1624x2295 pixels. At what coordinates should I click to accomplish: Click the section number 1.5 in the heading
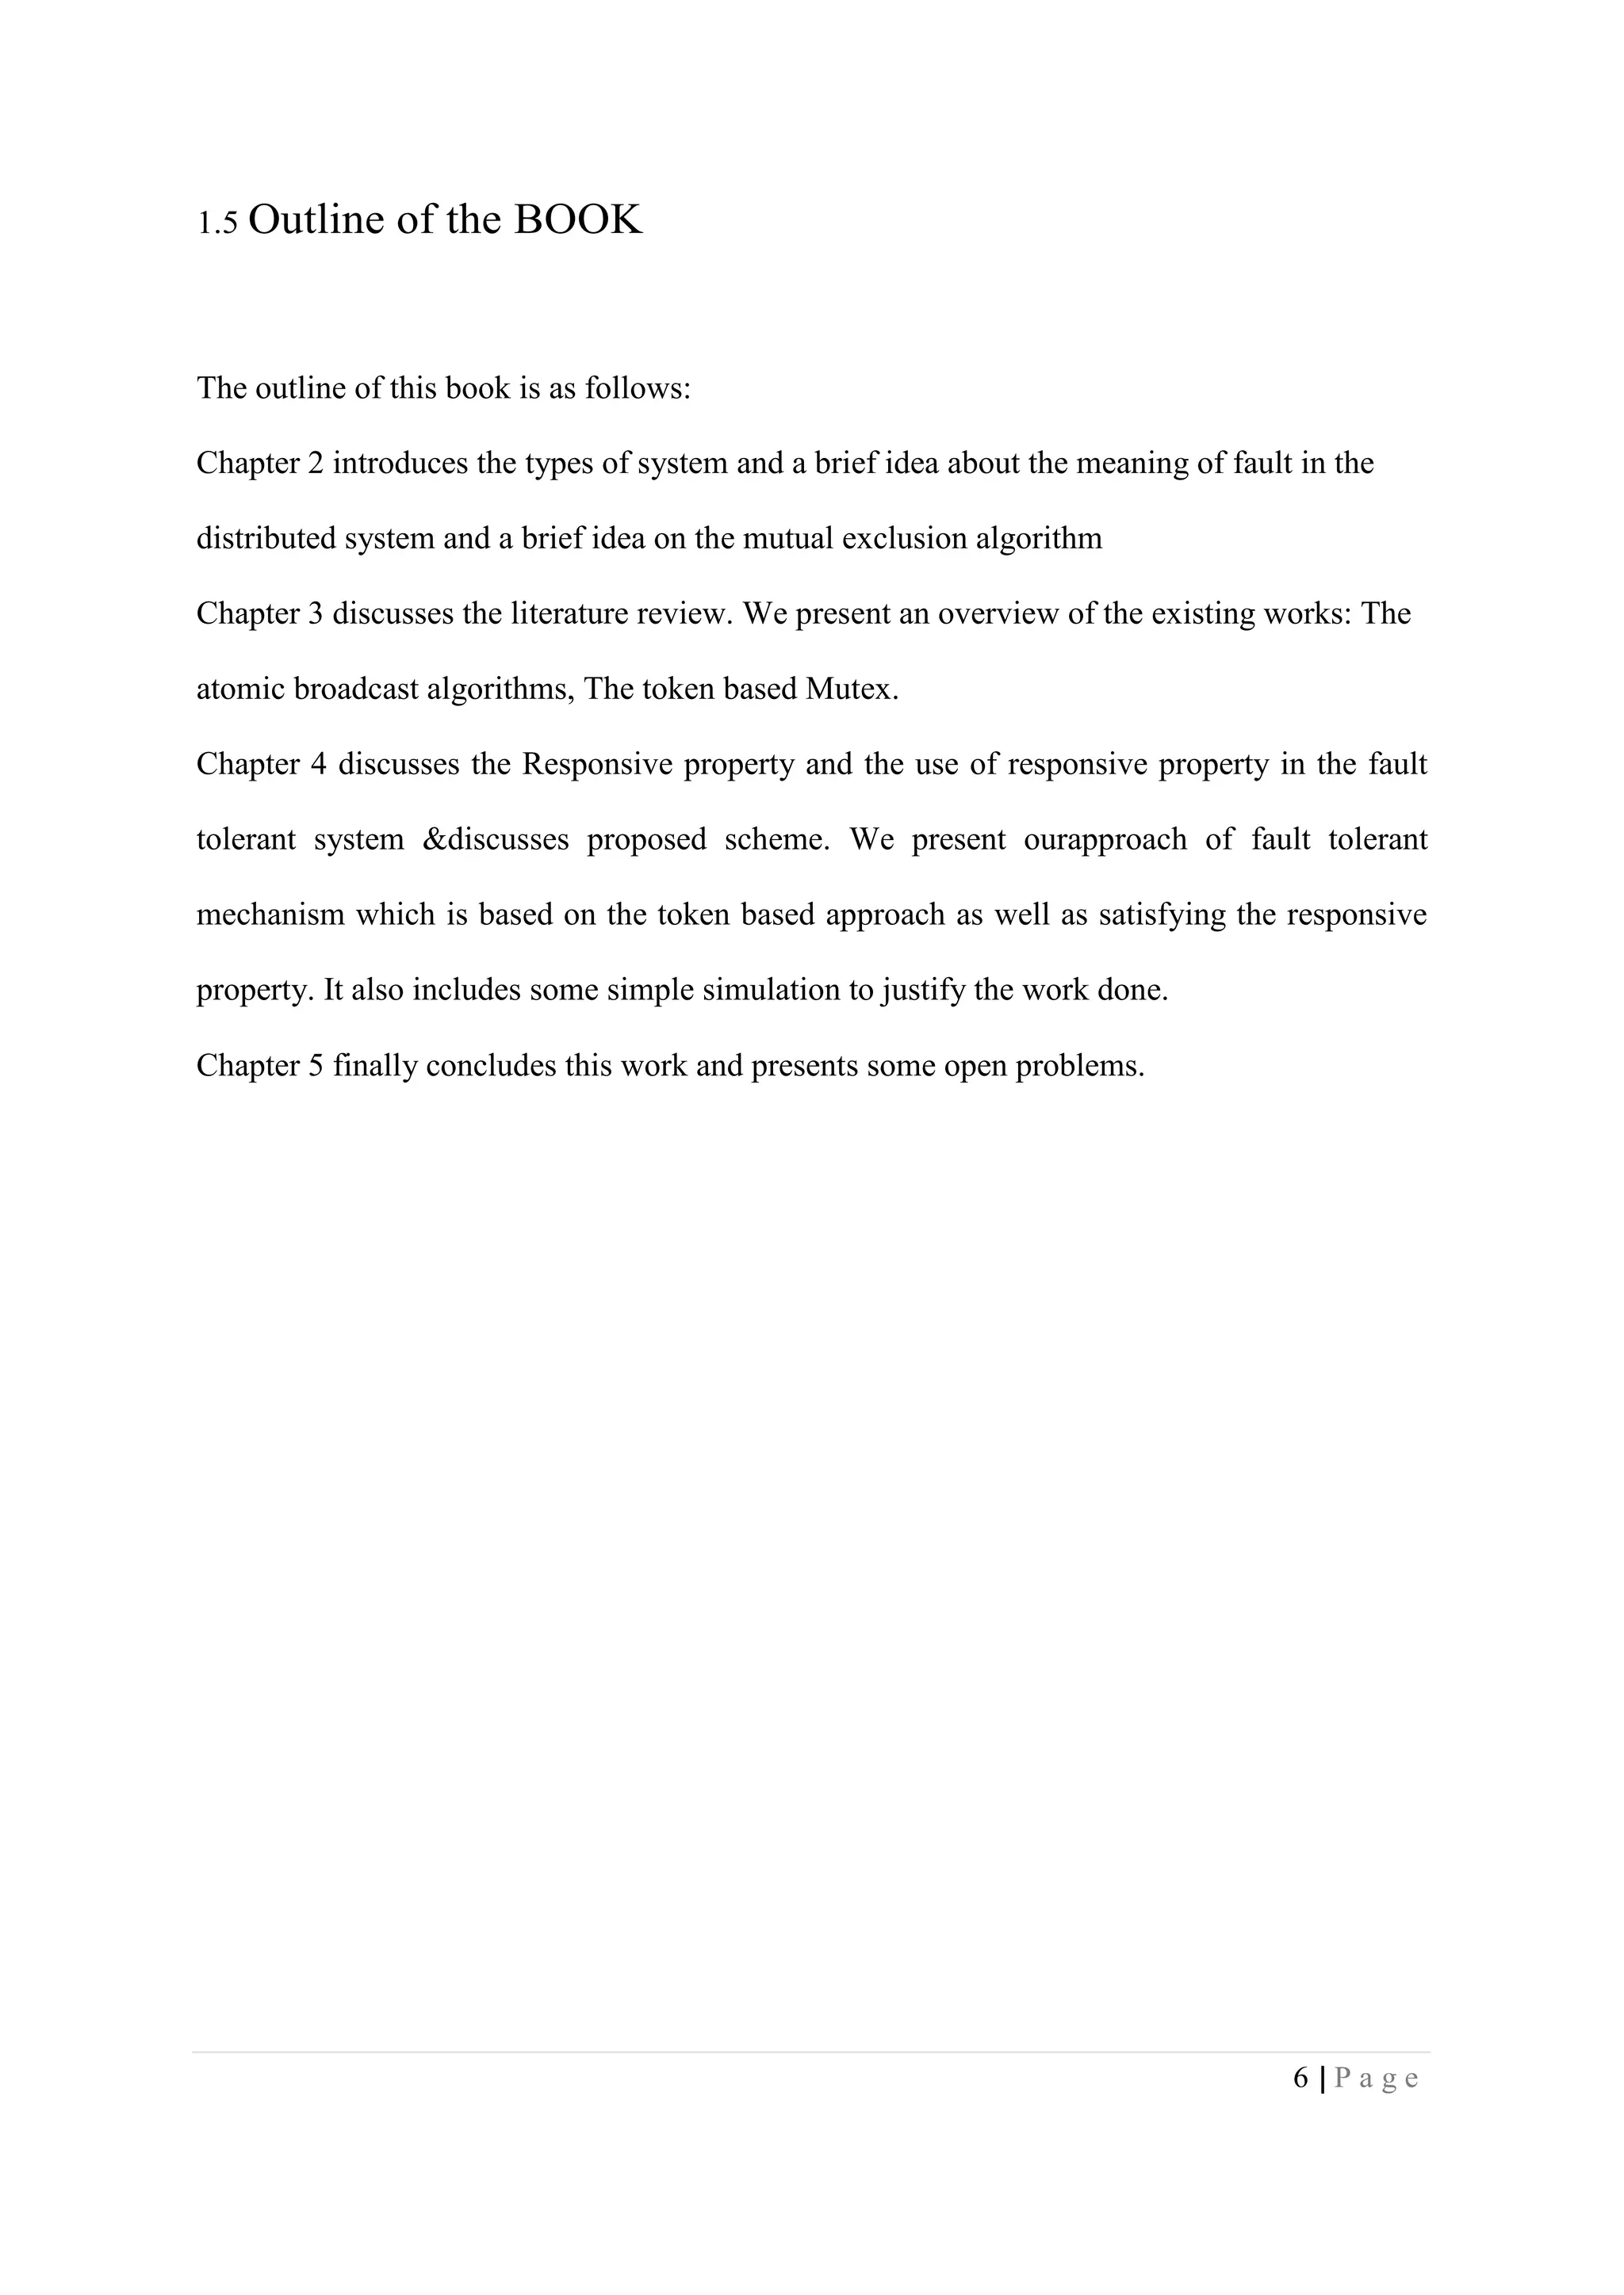(217, 223)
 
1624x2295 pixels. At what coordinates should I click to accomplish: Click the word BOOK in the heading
(578, 220)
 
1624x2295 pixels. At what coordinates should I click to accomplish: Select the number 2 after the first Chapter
(316, 464)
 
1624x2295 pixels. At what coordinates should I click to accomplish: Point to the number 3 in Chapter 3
(316, 613)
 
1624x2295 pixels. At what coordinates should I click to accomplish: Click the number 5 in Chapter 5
(316, 1067)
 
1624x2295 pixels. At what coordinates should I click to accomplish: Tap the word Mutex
(851, 689)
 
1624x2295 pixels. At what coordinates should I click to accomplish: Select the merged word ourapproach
(1105, 840)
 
